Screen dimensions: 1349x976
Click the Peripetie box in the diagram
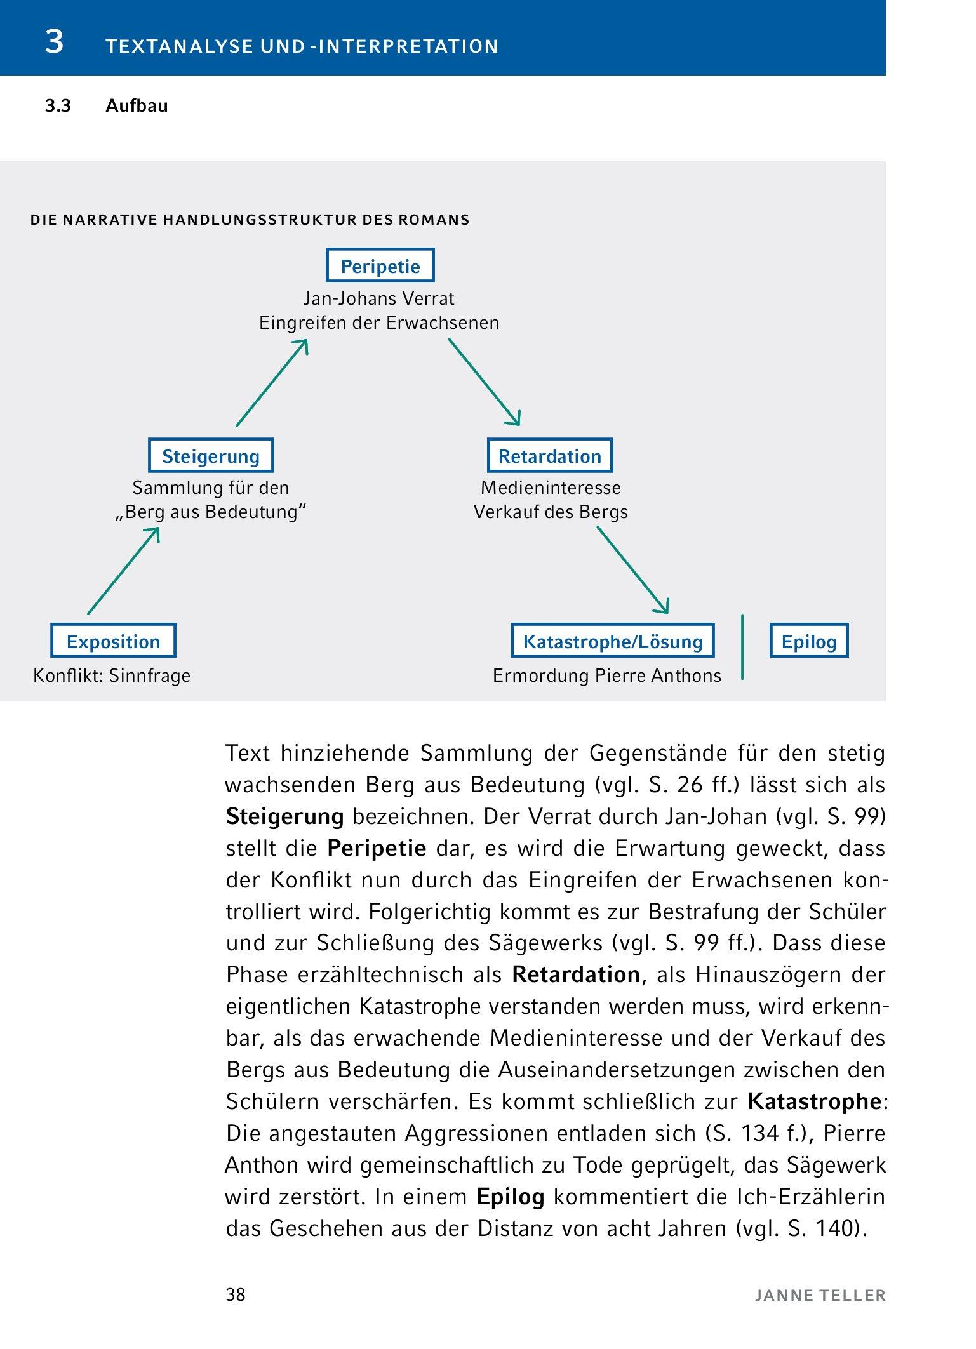pyautogui.click(x=380, y=265)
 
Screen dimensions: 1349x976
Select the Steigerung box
pyautogui.click(x=211, y=455)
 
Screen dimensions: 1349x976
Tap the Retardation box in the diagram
pyautogui.click(x=549, y=455)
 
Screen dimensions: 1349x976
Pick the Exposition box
pyautogui.click(x=113, y=641)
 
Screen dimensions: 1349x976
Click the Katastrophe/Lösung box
pyautogui.click(x=613, y=641)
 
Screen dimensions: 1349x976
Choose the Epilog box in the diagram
pyautogui.click(x=808, y=641)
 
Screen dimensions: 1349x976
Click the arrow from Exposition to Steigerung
pyautogui.click(x=123, y=571)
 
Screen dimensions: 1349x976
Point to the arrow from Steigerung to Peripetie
pyautogui.click(x=272, y=383)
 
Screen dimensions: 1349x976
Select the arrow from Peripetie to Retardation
pyautogui.click(x=485, y=382)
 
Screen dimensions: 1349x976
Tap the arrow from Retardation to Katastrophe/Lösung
pyautogui.click(x=633, y=570)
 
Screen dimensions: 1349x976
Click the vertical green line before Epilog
pyautogui.click(x=742, y=647)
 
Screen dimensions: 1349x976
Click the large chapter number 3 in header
pyautogui.click(x=55, y=43)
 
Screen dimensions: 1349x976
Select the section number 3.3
pyautogui.click(x=58, y=106)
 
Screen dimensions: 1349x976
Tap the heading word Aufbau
pyautogui.click(x=137, y=106)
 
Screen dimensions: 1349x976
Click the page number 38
pyautogui.click(x=236, y=1294)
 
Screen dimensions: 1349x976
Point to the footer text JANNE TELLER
pyautogui.click(x=820, y=1295)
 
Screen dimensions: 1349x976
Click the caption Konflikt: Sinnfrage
pyautogui.click(x=112, y=675)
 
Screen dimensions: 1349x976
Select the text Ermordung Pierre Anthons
pyautogui.click(x=606, y=675)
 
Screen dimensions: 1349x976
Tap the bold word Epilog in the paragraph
pyautogui.click(x=511, y=1197)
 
